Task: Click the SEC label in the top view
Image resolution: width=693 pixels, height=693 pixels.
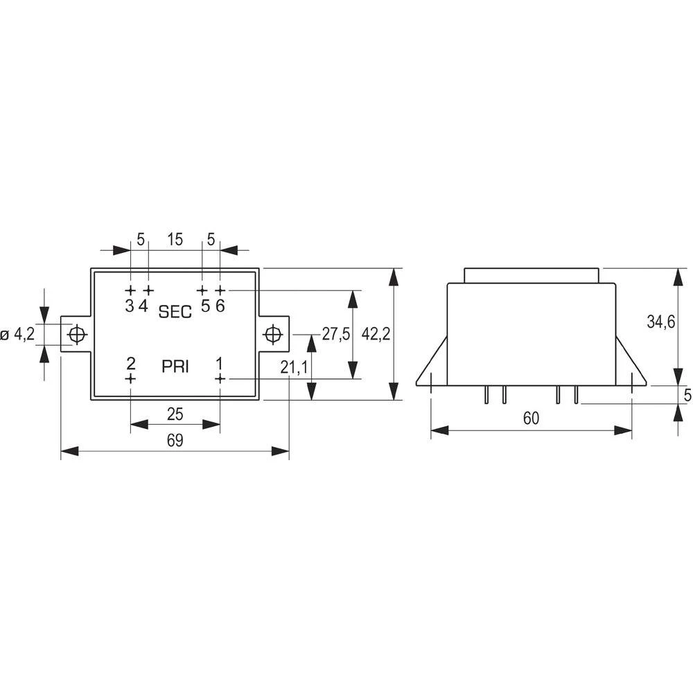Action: tap(175, 312)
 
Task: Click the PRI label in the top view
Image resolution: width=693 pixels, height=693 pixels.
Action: tap(175, 367)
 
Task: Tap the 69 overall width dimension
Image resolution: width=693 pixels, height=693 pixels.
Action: tap(175, 440)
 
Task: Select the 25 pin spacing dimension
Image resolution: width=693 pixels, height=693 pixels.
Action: tap(175, 414)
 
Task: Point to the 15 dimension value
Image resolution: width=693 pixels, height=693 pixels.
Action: tap(175, 240)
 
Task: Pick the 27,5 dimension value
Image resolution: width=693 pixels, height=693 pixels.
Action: tap(336, 333)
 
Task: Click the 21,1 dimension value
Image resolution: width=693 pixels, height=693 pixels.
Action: tap(295, 367)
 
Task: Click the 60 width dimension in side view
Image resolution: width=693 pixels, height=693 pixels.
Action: tap(531, 418)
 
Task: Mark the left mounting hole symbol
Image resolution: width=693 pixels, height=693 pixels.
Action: tap(77, 335)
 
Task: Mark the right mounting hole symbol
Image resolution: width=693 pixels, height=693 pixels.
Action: tap(273, 334)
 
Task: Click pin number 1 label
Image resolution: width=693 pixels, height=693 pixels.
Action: tap(220, 362)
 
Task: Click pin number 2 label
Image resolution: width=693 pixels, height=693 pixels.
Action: tap(131, 362)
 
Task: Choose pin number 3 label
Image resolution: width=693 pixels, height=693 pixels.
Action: tap(130, 306)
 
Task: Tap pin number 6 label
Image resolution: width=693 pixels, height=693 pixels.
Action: tap(220, 306)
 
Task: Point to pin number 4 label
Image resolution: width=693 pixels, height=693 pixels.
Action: tap(143, 306)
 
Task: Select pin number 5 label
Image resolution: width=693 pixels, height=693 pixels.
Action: tap(205, 306)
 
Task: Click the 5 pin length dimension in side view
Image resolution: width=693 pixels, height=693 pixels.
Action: tap(687, 395)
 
